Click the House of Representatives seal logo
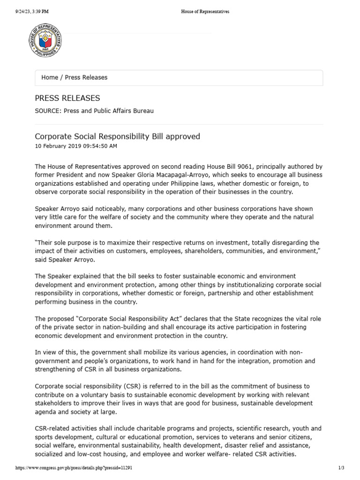pyautogui.click(x=45, y=40)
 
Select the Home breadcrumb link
pyautogui.click(x=50, y=77)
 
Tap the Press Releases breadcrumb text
pyautogui.click(x=86, y=77)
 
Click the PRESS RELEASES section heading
pyautogui.click(x=67, y=98)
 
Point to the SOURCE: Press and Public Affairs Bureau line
pyautogui.click(x=94, y=111)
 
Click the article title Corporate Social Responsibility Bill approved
pyautogui.click(x=117, y=136)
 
